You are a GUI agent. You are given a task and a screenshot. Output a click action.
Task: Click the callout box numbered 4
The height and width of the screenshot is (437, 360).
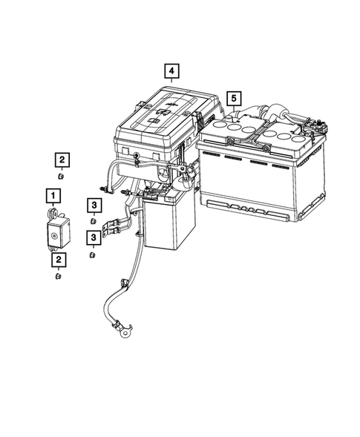[x=171, y=71]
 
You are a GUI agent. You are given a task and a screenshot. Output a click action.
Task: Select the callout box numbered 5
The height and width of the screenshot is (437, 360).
[x=234, y=98]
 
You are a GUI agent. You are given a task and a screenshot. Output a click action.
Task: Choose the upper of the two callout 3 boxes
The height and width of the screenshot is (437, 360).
[x=94, y=205]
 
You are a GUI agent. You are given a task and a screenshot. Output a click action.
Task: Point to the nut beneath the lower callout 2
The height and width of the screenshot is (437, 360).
[x=58, y=276]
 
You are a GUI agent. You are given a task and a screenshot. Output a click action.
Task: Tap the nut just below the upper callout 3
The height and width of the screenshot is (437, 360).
[x=94, y=220]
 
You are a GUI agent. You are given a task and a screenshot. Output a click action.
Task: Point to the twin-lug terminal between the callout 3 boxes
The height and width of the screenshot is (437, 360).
[x=115, y=226]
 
